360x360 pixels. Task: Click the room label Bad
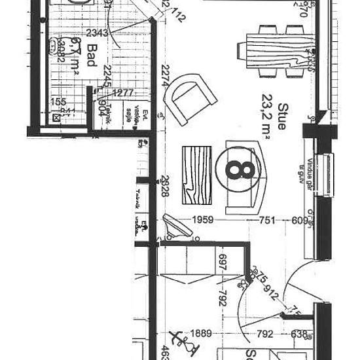tap(92, 52)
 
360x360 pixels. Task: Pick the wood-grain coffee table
tap(197, 175)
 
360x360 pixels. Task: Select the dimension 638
tap(299, 334)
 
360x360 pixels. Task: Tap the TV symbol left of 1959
tap(175, 226)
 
